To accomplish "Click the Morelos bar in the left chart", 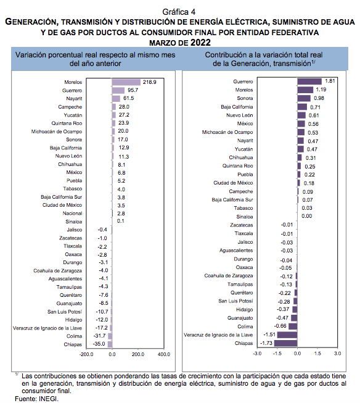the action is point(126,82).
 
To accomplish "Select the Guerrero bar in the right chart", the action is point(309,81).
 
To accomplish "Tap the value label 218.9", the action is point(149,82).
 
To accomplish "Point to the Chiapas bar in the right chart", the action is point(285,343).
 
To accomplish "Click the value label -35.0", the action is point(99,344).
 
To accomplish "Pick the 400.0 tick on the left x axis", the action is point(164,354).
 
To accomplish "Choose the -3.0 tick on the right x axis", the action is point(257,354).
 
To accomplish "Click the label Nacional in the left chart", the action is point(72,214).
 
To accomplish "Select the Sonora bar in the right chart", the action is point(304,98).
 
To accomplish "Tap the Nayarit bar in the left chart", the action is point(116,99).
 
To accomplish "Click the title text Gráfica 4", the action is point(179,12).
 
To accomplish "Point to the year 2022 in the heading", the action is point(200,43).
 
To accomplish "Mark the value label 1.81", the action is point(330,81).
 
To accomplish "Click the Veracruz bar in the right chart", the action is point(287,335).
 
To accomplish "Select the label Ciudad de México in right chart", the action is point(233,183).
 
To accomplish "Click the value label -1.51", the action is point(269,334).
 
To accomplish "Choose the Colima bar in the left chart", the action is point(110,336).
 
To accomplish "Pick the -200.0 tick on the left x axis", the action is point(86,354).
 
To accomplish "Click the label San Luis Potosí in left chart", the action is point(65,312).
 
